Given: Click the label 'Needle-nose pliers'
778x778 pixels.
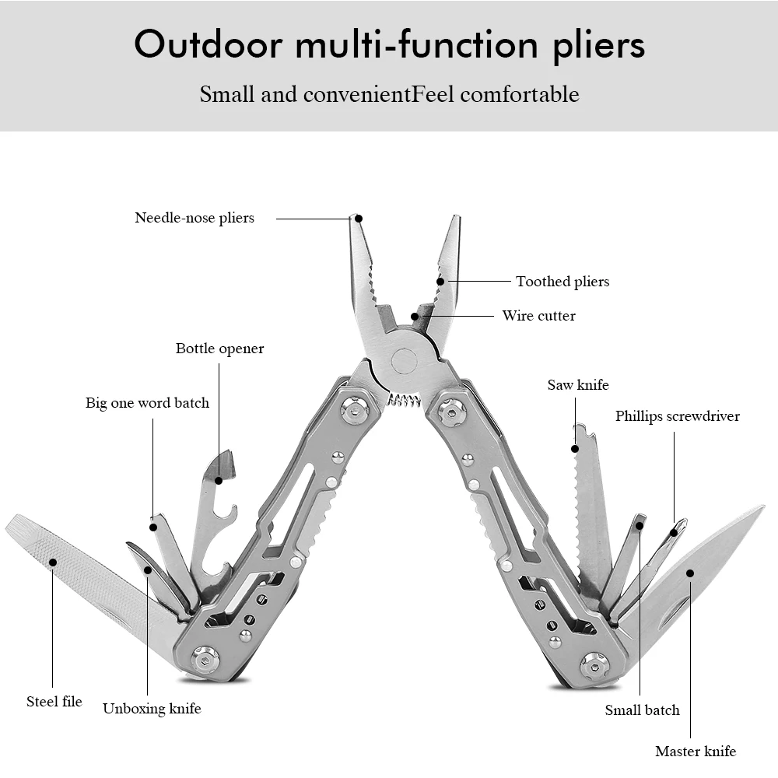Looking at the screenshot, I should (194, 218).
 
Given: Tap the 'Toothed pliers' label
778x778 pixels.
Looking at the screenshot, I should (562, 282).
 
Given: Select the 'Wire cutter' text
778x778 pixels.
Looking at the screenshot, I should (538, 316).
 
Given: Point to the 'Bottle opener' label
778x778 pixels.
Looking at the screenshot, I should (219, 349).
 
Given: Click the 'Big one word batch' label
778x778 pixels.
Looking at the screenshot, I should (147, 403).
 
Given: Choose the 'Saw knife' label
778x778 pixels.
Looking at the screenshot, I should (577, 385).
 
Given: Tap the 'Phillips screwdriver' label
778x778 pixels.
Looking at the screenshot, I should (677, 416).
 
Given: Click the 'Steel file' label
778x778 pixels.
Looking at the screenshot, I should (54, 702).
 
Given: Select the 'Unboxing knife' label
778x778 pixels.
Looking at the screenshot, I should (152, 709).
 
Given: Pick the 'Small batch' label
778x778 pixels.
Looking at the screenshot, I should (642, 710).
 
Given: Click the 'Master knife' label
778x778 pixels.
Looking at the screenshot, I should (695, 752).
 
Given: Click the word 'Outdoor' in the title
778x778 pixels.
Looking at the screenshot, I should (208, 45).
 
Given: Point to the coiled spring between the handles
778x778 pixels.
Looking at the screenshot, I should (403, 401).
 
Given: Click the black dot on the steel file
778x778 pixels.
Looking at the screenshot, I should (53, 562).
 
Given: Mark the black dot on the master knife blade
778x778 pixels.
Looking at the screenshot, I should (689, 573).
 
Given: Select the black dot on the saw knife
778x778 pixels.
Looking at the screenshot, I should (576, 449).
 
